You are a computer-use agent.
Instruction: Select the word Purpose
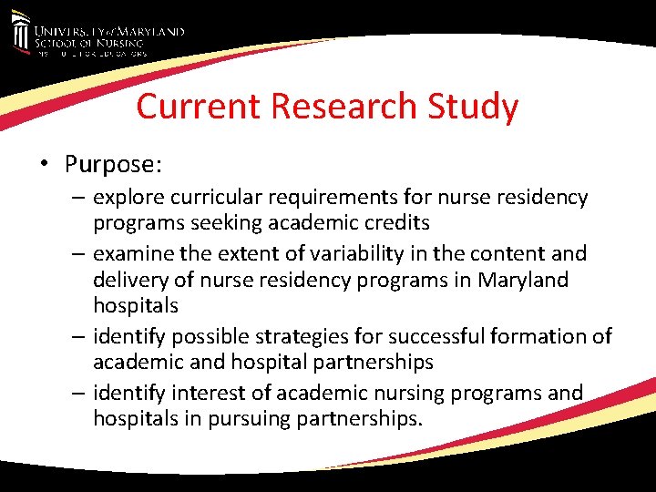[x=112, y=164]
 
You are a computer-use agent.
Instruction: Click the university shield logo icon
[x=20, y=35]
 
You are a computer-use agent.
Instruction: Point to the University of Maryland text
[x=109, y=31]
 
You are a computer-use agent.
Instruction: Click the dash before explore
[x=78, y=197]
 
